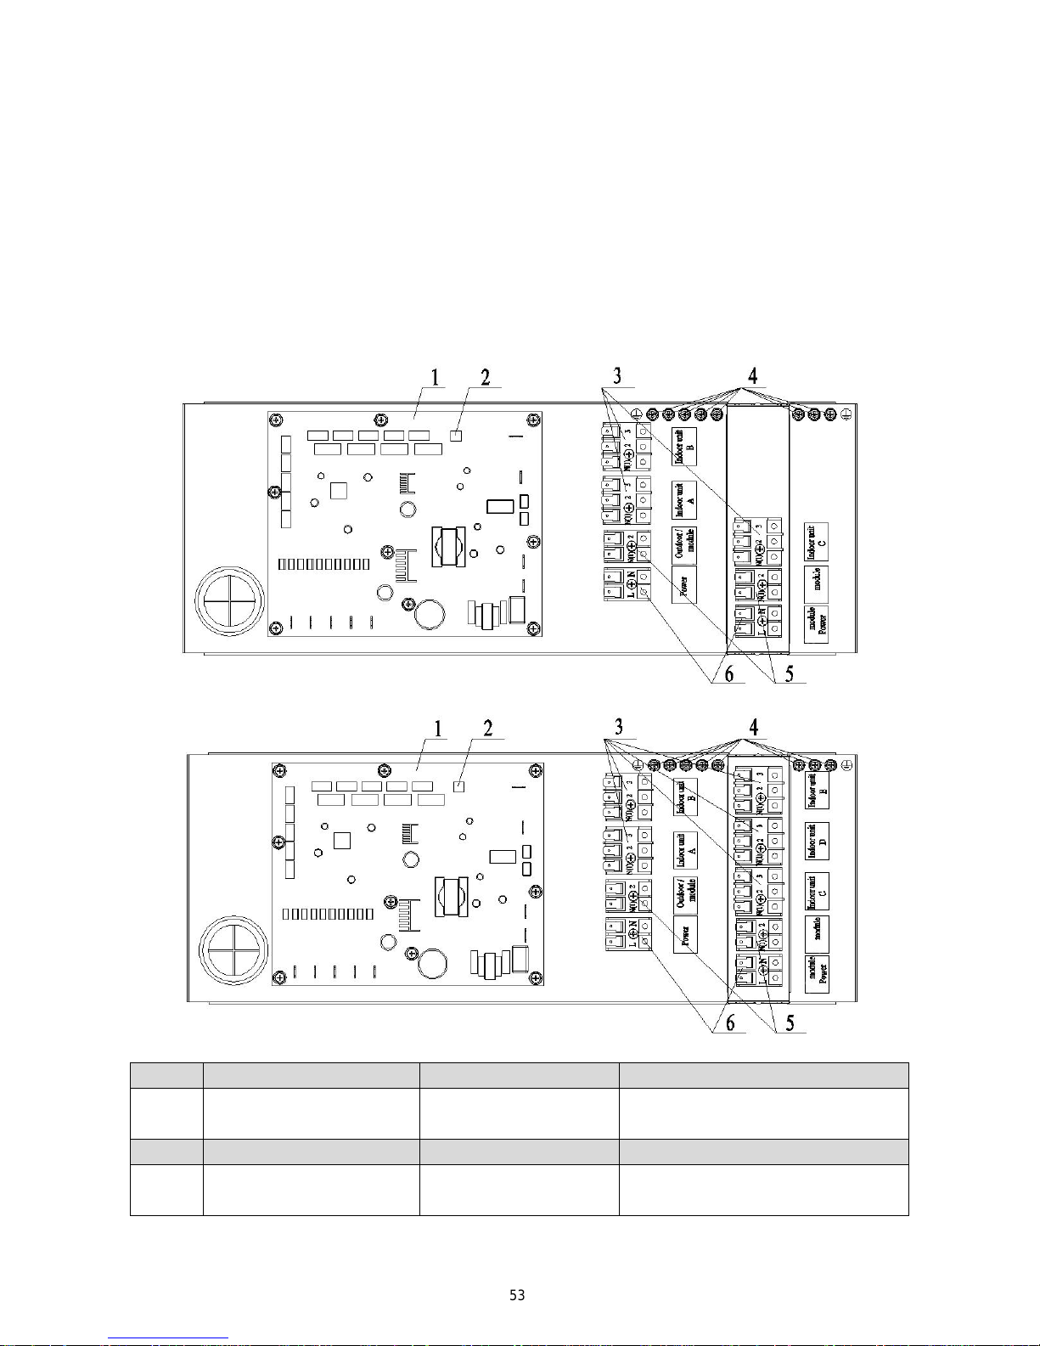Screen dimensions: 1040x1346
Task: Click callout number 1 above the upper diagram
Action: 436,376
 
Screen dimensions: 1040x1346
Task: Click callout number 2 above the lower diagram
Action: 488,728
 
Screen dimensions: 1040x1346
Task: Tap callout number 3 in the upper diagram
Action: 617,375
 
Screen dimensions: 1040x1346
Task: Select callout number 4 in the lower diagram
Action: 753,727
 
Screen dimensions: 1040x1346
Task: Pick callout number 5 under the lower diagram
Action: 790,1023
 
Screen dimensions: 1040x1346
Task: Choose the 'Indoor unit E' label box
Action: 817,791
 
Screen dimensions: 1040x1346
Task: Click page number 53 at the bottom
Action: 517,1295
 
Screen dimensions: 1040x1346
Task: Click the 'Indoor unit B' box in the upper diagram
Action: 684,446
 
